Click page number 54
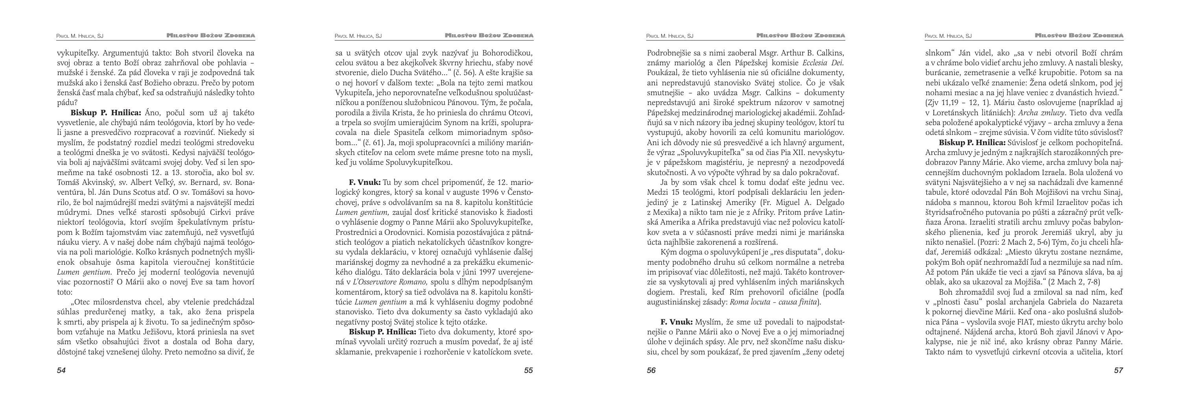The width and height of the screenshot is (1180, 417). point(61,371)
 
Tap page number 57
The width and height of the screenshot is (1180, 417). point(1118,371)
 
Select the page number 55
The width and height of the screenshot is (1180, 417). point(528,371)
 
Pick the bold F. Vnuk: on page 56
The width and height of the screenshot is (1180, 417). point(677,322)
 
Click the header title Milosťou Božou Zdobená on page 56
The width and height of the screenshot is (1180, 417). point(801,35)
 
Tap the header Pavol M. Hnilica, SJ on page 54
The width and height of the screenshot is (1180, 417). point(80,36)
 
